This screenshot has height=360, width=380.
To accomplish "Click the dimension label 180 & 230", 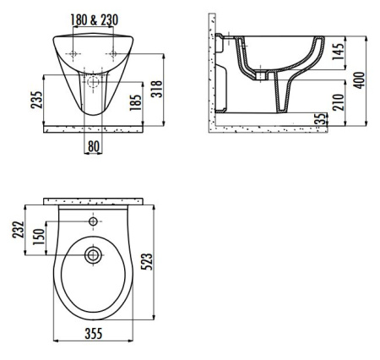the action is click(94, 20).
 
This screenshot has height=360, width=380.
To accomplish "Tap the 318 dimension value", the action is click(157, 90).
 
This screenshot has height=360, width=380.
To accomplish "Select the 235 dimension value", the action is click(37, 100).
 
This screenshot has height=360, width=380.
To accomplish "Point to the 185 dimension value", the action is click(135, 102).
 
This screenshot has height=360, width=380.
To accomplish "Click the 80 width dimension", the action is click(94, 146).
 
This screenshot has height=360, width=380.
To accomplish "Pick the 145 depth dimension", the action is click(338, 52).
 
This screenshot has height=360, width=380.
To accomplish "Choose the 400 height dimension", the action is click(359, 80).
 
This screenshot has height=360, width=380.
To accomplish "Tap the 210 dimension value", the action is click(338, 102).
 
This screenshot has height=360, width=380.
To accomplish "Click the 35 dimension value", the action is click(322, 118).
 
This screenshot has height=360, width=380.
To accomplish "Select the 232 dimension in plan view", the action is click(19, 230).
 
